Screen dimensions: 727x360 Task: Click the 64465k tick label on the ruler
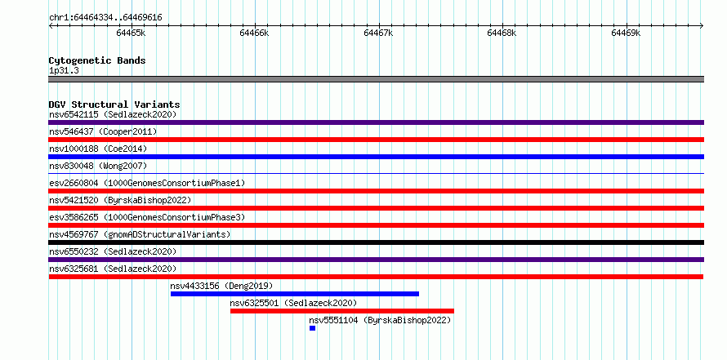(x=131, y=33)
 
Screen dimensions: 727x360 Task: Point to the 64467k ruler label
(x=378, y=33)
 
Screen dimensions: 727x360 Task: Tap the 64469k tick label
(x=626, y=33)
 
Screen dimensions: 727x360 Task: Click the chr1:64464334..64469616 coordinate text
(x=105, y=18)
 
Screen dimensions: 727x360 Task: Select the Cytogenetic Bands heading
(x=97, y=60)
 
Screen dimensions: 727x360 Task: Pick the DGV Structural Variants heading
(x=114, y=104)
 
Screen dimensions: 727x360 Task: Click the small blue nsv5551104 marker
(x=313, y=328)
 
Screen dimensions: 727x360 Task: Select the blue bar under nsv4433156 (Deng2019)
(x=295, y=294)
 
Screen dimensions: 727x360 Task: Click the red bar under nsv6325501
(x=342, y=311)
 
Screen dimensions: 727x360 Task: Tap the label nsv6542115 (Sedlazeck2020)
(x=113, y=114)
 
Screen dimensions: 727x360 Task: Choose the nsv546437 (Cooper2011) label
(x=103, y=131)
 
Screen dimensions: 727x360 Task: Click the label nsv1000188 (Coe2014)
(x=98, y=149)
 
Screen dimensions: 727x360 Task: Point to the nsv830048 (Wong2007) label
(x=98, y=166)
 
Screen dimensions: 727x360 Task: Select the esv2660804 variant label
(x=147, y=183)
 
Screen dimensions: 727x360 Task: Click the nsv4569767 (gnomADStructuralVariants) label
(x=140, y=234)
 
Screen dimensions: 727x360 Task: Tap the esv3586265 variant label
(x=147, y=217)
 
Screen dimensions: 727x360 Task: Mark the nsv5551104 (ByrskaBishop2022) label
(x=380, y=320)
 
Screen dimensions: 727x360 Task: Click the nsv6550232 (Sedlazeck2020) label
(x=113, y=251)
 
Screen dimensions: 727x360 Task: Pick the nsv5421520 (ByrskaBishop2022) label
(x=120, y=200)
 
